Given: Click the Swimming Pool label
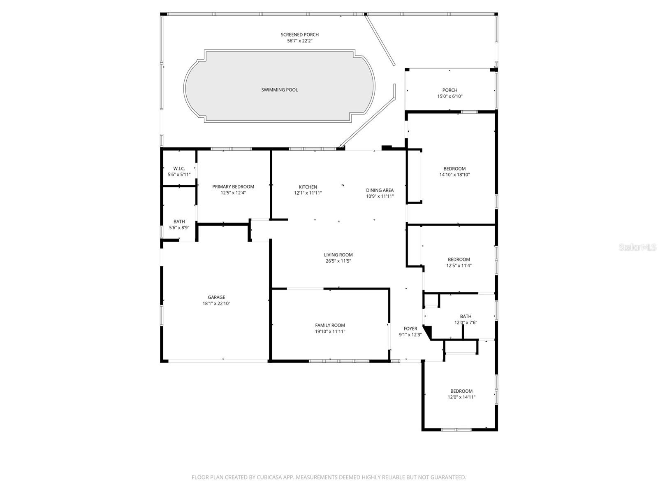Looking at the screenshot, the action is (279, 90).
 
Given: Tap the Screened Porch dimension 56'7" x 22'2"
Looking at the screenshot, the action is (299, 41).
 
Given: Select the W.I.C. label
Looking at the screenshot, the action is (179, 168).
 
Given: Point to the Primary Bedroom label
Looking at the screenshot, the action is (233, 186).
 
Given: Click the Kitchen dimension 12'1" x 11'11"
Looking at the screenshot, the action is (308, 193).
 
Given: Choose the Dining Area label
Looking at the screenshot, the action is (380, 190).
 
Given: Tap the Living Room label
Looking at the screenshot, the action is (338, 255).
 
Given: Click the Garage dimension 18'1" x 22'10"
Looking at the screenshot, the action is (216, 303).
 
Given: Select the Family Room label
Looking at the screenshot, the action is (330, 325).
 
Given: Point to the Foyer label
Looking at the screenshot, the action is (410, 329).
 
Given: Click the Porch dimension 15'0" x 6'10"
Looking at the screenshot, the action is (449, 96).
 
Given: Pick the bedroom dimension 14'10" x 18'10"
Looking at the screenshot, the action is (454, 175).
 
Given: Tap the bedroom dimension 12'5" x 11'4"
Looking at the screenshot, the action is (459, 266).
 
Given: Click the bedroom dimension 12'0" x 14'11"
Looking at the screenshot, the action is (461, 397).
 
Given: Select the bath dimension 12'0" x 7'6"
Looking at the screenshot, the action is (466, 323).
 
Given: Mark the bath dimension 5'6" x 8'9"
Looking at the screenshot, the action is (179, 228).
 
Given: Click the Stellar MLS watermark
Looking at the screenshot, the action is (637, 247).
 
